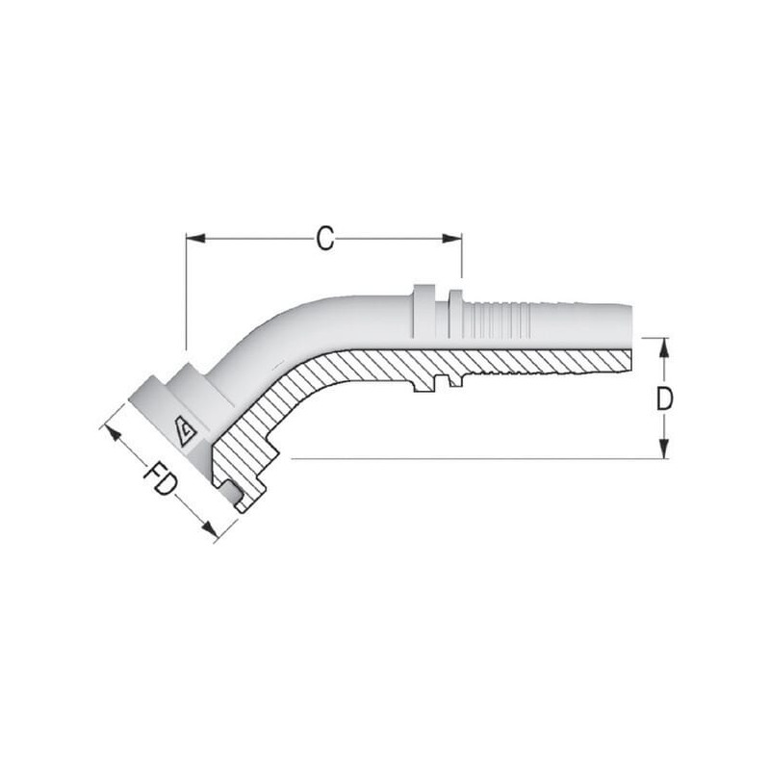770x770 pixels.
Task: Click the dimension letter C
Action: [x=325, y=239]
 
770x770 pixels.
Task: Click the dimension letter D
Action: [x=664, y=398]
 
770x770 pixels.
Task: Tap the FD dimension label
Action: [x=160, y=477]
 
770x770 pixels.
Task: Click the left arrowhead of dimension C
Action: [x=195, y=239]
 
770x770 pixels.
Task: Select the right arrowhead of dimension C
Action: [x=451, y=239]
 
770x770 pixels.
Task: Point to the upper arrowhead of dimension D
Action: [x=664, y=347]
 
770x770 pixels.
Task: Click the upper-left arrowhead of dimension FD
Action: [x=113, y=433]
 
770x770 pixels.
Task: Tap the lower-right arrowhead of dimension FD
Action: [x=210, y=528]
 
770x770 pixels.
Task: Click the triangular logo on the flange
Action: [x=186, y=432]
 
